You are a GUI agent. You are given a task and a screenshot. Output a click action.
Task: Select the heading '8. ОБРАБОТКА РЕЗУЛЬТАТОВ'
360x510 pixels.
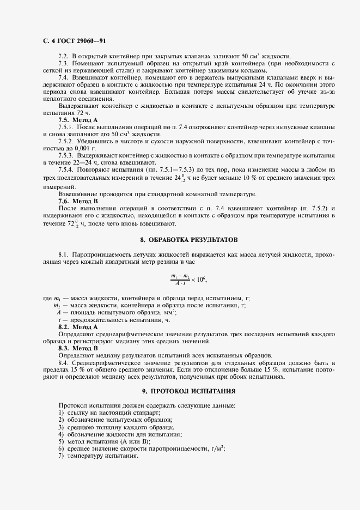pos(188,240)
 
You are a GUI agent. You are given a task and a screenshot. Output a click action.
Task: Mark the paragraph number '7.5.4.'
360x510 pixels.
pos(68,170)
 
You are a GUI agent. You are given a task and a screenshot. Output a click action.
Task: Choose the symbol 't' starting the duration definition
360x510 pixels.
pos(59,320)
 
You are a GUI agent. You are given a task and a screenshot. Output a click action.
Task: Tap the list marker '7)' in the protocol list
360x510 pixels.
pos(61,455)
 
